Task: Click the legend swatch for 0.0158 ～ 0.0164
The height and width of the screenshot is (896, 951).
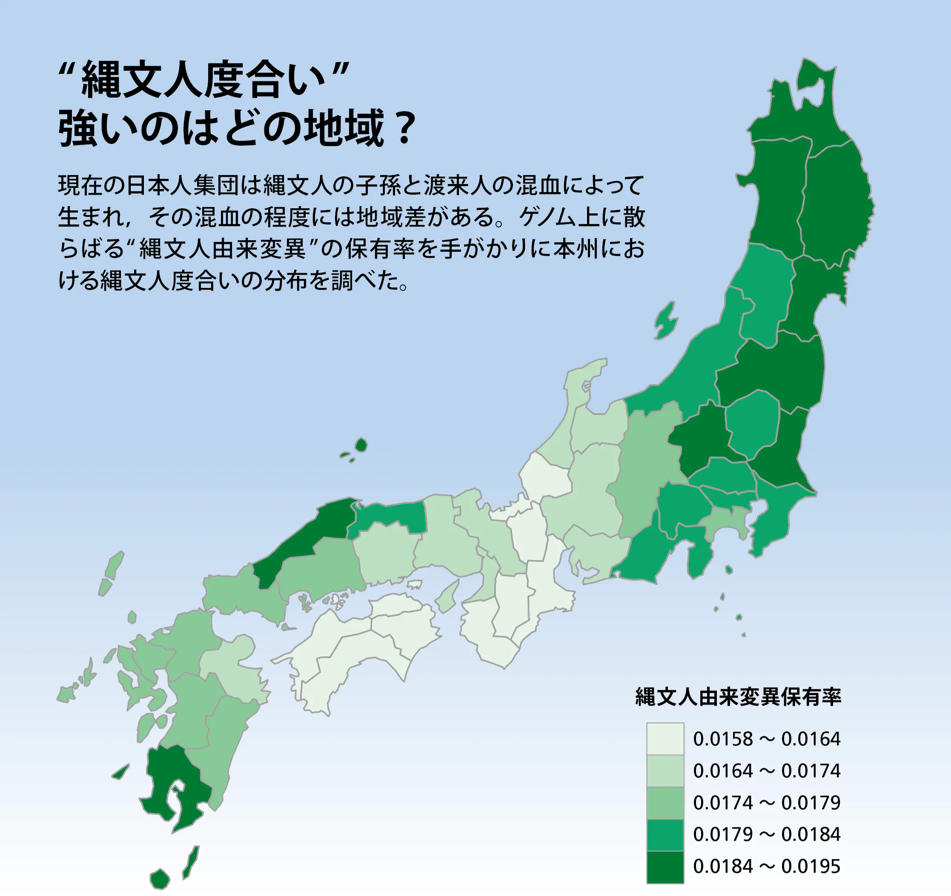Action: (x=665, y=738)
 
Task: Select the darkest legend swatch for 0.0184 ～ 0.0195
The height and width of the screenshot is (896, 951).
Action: (x=665, y=866)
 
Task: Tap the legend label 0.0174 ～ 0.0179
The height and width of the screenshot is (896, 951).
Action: (x=766, y=803)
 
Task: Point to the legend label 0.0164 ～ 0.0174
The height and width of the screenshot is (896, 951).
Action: (x=766, y=771)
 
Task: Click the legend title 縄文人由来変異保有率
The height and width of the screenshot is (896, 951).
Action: (x=738, y=697)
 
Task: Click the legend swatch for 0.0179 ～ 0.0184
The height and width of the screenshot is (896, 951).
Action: (x=665, y=835)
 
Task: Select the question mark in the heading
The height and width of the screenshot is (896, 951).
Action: (x=405, y=128)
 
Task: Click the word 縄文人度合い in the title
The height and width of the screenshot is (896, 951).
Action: (x=203, y=80)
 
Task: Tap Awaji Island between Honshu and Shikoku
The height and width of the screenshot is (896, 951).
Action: (x=448, y=596)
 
